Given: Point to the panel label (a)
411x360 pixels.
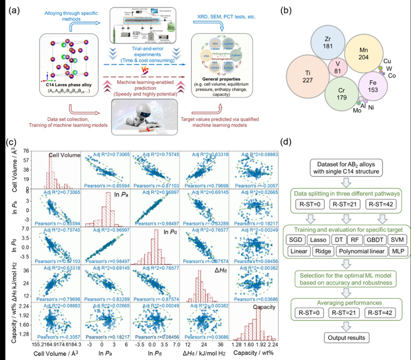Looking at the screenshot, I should [10, 8].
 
